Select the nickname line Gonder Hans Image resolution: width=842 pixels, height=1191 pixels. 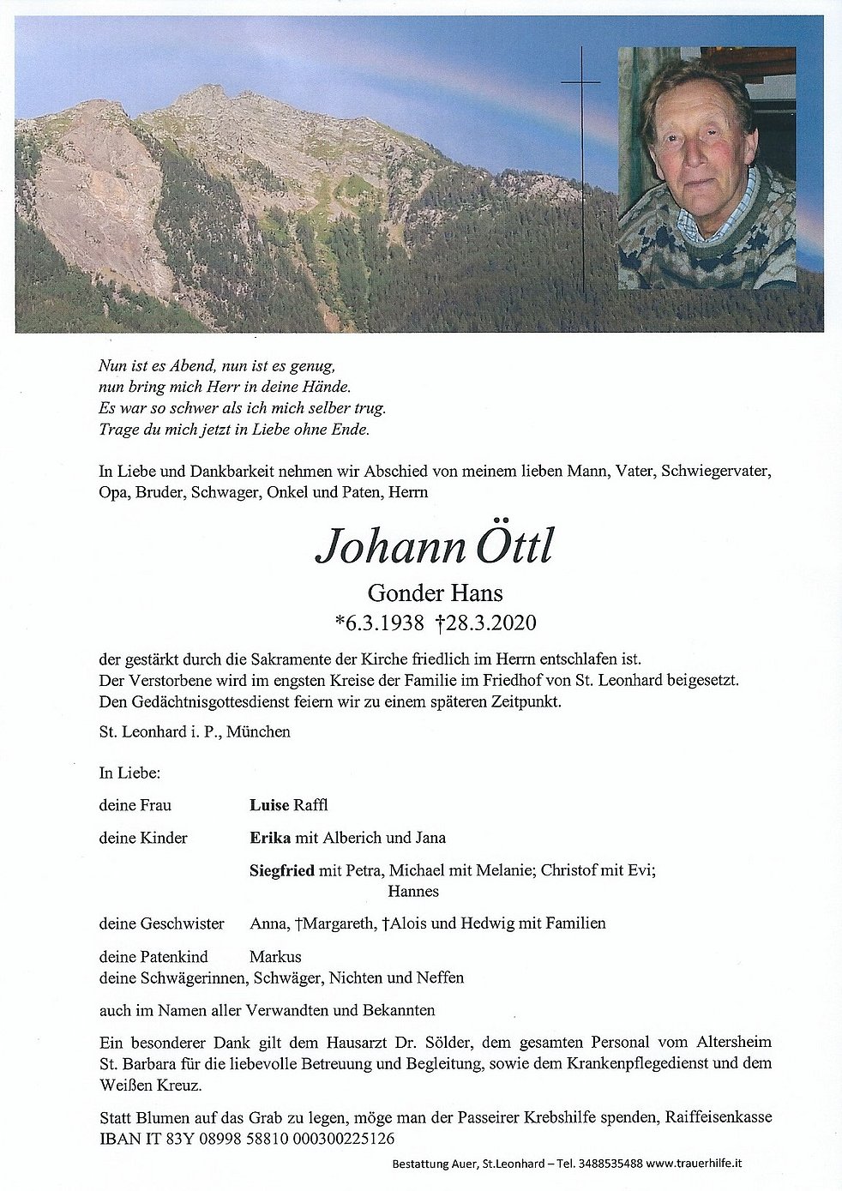pyautogui.click(x=435, y=592)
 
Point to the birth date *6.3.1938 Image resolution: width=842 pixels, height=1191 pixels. pyautogui.click(x=380, y=623)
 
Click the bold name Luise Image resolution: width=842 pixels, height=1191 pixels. pyautogui.click(x=269, y=804)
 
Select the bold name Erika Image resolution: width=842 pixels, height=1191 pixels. pyautogui.click(x=269, y=837)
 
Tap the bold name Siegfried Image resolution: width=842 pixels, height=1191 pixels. pyautogui.click(x=282, y=870)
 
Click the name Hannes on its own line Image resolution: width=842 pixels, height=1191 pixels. pyautogui.click(x=413, y=891)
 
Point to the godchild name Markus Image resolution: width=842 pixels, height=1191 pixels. pyautogui.click(x=275, y=956)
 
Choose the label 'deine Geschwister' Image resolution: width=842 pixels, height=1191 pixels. pyautogui.click(x=161, y=923)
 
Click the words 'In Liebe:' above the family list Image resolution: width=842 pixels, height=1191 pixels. pyautogui.click(x=129, y=773)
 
